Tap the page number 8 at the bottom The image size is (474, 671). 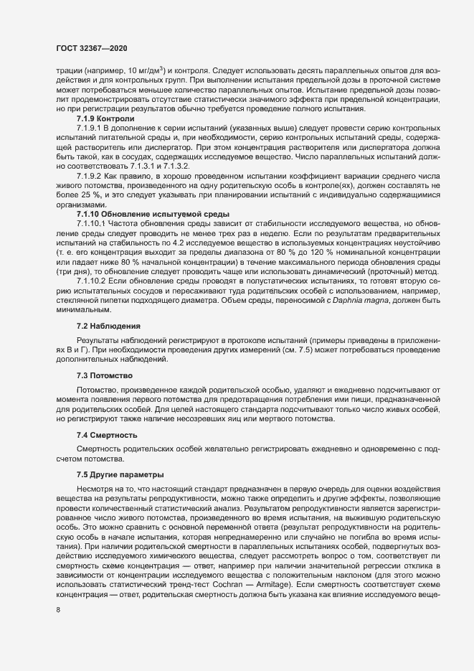pyautogui.click(x=58, y=611)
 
